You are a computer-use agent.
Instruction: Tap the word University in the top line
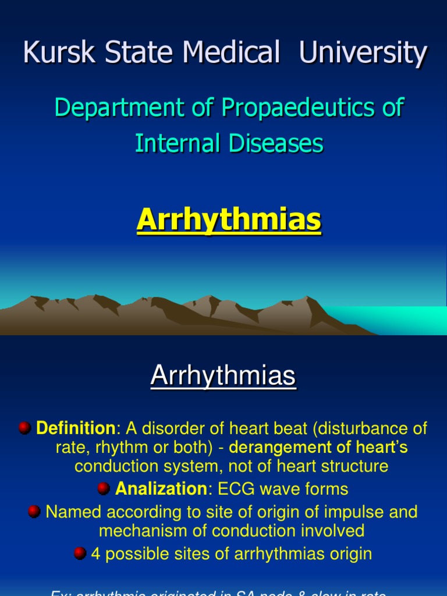click(x=363, y=54)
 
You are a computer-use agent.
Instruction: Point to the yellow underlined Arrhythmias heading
click(x=229, y=221)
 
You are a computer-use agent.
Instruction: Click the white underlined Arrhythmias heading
click(x=223, y=377)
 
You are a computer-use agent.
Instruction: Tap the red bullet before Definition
click(x=24, y=428)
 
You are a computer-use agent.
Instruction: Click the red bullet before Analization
click(x=104, y=488)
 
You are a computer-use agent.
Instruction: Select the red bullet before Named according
click(x=34, y=512)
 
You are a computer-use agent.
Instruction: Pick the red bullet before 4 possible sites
click(x=80, y=553)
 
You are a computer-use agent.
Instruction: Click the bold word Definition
click(x=76, y=429)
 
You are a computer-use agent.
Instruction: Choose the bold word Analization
click(x=161, y=488)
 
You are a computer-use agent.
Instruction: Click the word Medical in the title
click(x=236, y=54)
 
